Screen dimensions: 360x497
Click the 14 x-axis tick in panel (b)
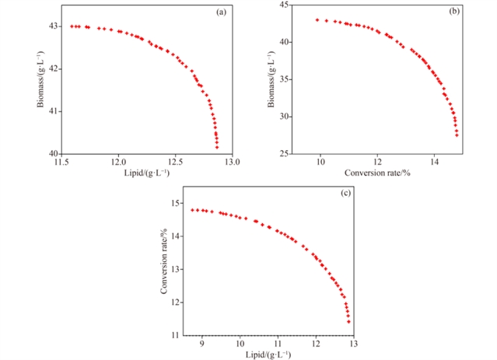click(x=434, y=163)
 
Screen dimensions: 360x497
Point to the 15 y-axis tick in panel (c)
click(x=177, y=204)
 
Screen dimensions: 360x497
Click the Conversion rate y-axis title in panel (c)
click(x=164, y=261)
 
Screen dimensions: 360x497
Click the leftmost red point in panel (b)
click(x=317, y=20)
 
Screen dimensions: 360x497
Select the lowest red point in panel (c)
click(x=348, y=321)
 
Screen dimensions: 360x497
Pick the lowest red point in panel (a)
click(x=217, y=147)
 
